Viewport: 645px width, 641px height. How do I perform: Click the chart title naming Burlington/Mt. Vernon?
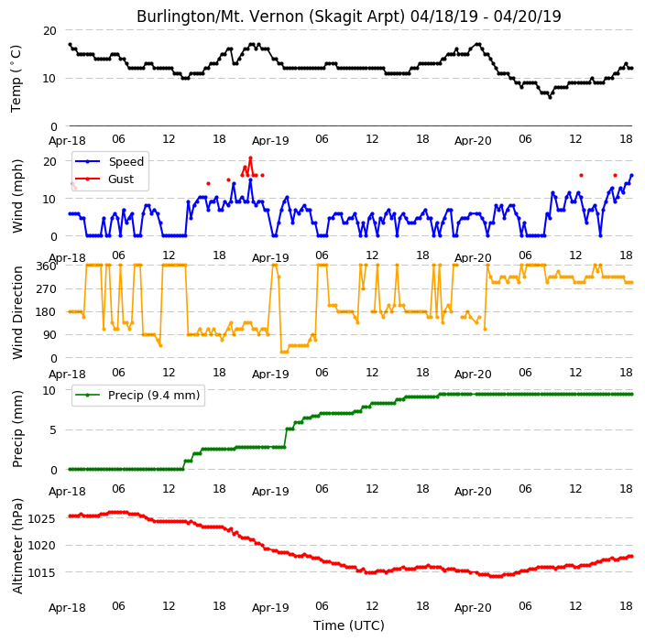point(348,16)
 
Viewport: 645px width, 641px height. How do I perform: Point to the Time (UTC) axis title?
point(349,625)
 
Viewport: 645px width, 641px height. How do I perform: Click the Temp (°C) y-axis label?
point(16,79)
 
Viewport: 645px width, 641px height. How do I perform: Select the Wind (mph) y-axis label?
point(17,196)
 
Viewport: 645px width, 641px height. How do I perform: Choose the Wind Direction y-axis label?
point(17,312)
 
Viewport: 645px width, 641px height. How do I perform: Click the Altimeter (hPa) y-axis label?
point(17,546)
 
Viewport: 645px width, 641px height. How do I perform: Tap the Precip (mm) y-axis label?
point(17,429)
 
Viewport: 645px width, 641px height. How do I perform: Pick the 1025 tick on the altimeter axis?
point(41,518)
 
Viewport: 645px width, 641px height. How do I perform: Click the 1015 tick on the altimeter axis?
point(41,572)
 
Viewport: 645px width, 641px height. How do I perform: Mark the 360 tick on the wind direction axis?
point(46,266)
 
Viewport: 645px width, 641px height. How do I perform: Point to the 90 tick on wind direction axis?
point(50,335)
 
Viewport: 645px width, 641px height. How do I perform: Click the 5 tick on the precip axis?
point(53,430)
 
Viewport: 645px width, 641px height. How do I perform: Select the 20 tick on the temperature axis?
point(49,30)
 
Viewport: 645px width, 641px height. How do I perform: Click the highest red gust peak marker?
point(250,158)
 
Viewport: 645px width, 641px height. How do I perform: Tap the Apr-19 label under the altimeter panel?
point(270,608)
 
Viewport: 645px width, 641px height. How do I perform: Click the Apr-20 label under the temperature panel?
point(473,141)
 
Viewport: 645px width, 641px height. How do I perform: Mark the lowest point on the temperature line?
point(550,97)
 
